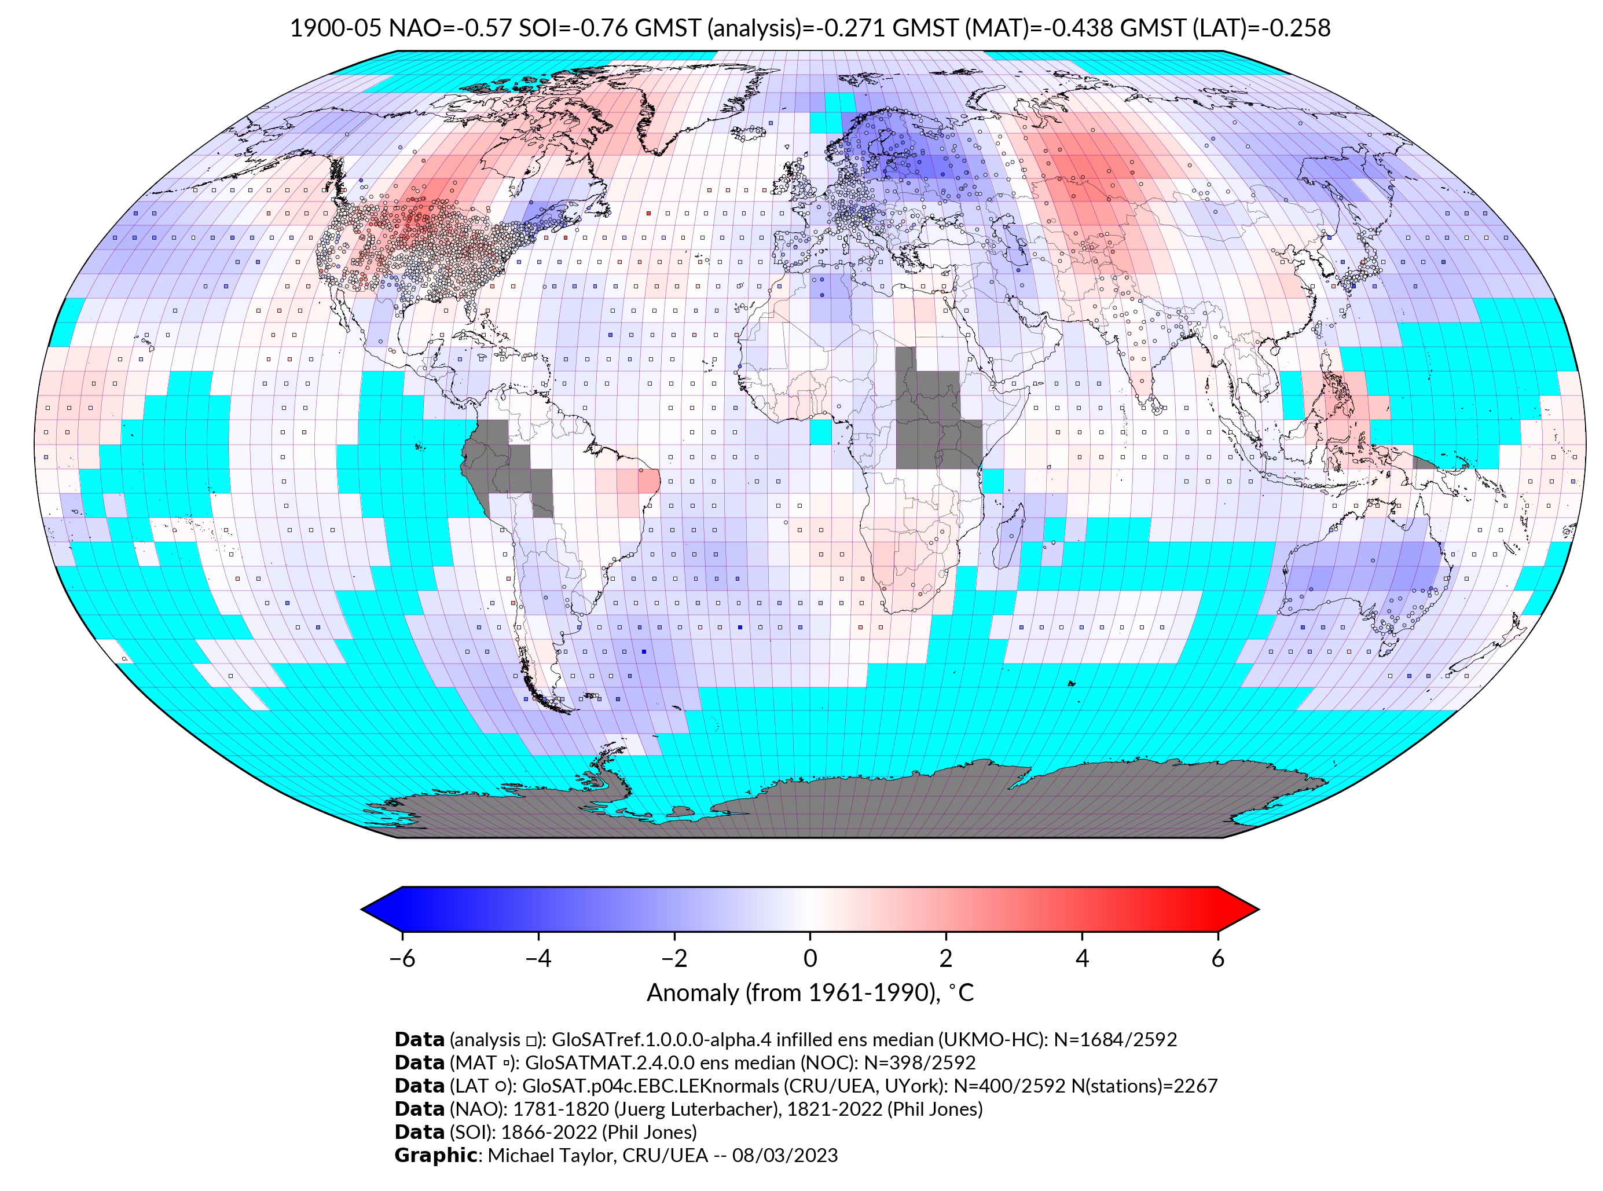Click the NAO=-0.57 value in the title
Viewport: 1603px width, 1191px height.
(450, 28)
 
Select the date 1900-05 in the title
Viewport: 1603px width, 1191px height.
(335, 28)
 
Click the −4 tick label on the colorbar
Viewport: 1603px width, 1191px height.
(538, 958)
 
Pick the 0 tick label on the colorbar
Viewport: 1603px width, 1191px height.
(810, 958)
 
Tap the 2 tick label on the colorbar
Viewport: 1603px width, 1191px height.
(946, 958)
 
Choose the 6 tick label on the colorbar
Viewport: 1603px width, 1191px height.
(1217, 958)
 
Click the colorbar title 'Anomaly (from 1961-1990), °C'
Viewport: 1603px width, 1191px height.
(810, 993)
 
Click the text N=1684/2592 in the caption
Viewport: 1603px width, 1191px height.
(1115, 1040)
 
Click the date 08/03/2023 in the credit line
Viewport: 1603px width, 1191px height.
(785, 1155)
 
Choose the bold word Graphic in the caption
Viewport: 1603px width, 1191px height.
(435, 1155)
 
